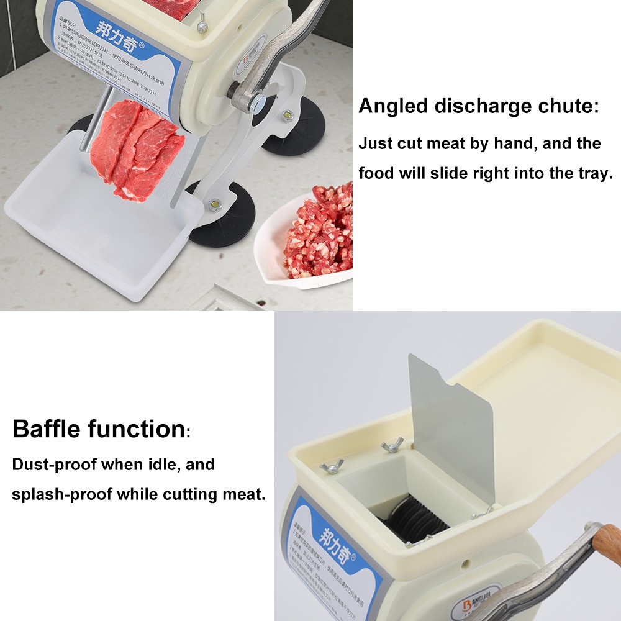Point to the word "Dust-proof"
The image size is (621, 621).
point(55,465)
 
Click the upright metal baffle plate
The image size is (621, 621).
point(452,428)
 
